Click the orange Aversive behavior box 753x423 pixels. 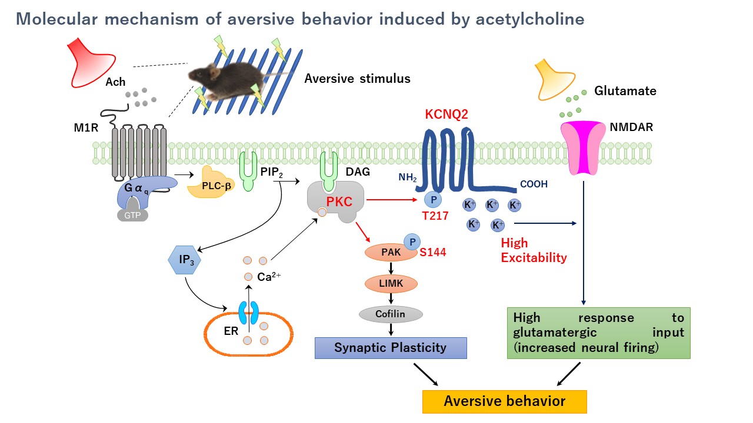tap(505, 401)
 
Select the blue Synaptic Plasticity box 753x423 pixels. tap(391, 347)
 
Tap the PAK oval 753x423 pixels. tap(391, 253)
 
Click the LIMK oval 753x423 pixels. tap(391, 284)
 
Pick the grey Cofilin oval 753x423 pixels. tap(391, 314)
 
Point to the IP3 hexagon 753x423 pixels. tap(184, 259)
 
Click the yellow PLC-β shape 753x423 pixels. tap(210, 184)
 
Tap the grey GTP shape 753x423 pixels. tap(132, 215)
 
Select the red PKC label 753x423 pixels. tap(339, 203)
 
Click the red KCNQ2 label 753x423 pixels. tap(446, 114)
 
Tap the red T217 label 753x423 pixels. tap(435, 216)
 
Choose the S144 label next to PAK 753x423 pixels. tap(432, 253)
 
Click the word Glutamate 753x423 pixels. tap(625, 91)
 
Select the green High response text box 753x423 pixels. tap(598, 333)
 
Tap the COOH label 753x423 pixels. tap(534, 184)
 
